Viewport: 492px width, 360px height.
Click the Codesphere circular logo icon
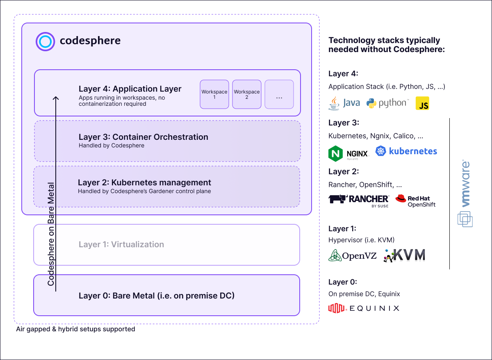(x=45, y=41)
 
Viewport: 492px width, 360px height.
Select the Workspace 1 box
(x=214, y=94)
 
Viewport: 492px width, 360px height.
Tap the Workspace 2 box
(x=246, y=94)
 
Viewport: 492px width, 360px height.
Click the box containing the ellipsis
(x=279, y=94)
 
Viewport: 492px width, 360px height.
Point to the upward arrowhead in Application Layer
(x=56, y=98)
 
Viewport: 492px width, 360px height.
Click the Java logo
(x=344, y=103)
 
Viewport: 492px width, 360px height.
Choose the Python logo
(x=387, y=103)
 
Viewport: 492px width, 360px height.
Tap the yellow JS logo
(x=422, y=103)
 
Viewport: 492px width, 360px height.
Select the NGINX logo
(x=348, y=153)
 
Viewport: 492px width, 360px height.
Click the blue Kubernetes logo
(x=406, y=151)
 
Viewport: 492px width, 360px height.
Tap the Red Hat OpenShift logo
(x=415, y=201)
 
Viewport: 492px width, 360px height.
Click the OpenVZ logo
(x=353, y=255)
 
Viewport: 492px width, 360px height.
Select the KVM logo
(x=404, y=255)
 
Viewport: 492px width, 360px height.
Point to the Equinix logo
(x=364, y=308)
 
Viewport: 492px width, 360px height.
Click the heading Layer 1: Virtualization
(x=121, y=244)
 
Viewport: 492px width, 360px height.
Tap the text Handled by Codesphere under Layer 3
(x=112, y=145)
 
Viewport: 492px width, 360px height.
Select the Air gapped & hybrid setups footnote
(x=75, y=329)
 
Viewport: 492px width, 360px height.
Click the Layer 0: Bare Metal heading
(x=156, y=295)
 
